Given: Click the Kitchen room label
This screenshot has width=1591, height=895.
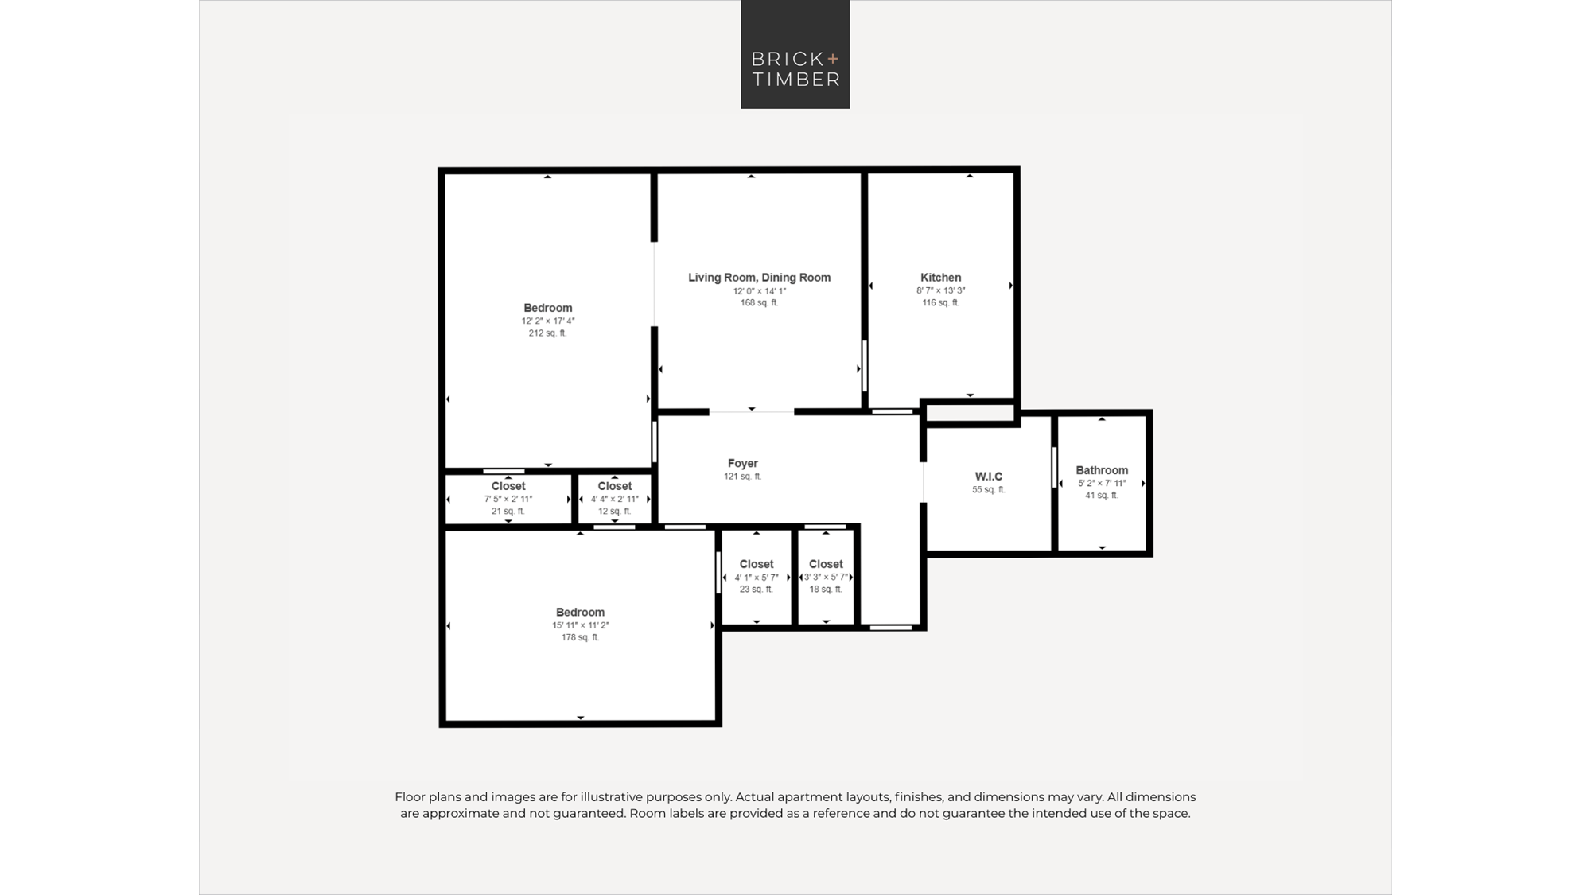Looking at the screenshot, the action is click(940, 278).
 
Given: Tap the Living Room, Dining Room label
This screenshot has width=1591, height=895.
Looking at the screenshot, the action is click(759, 278).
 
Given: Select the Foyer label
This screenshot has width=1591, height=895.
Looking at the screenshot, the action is click(742, 463).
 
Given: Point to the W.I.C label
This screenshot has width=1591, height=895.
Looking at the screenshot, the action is click(989, 477).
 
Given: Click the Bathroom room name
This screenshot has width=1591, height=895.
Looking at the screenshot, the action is click(1102, 470).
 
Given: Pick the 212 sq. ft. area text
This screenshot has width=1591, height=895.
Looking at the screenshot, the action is click(547, 333).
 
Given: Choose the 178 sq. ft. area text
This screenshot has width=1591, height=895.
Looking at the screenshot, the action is click(580, 637).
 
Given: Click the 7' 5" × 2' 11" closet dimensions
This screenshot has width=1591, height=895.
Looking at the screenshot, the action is click(508, 499).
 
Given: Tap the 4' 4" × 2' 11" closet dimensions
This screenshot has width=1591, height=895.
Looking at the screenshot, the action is click(615, 499).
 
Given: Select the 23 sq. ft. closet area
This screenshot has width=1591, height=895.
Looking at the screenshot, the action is click(756, 590).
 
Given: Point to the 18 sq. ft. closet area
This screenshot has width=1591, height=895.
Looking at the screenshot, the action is click(826, 590).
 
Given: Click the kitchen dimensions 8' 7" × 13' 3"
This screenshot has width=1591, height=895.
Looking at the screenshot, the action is click(940, 290).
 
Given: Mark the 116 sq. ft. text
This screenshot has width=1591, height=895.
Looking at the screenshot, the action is click(940, 302).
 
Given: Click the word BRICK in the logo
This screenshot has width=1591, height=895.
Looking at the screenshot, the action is click(788, 59).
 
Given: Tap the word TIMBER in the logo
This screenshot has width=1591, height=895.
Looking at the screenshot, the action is click(795, 79).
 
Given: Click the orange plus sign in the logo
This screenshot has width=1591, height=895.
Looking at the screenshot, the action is click(833, 58).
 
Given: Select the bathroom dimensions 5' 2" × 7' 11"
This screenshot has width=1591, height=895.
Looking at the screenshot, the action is click(1102, 483).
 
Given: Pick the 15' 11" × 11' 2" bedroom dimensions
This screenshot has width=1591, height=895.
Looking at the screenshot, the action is click(580, 625).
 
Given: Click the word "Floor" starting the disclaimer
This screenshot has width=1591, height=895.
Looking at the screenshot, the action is click(410, 797).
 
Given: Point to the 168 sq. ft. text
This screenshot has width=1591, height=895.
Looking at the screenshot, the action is click(759, 302).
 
